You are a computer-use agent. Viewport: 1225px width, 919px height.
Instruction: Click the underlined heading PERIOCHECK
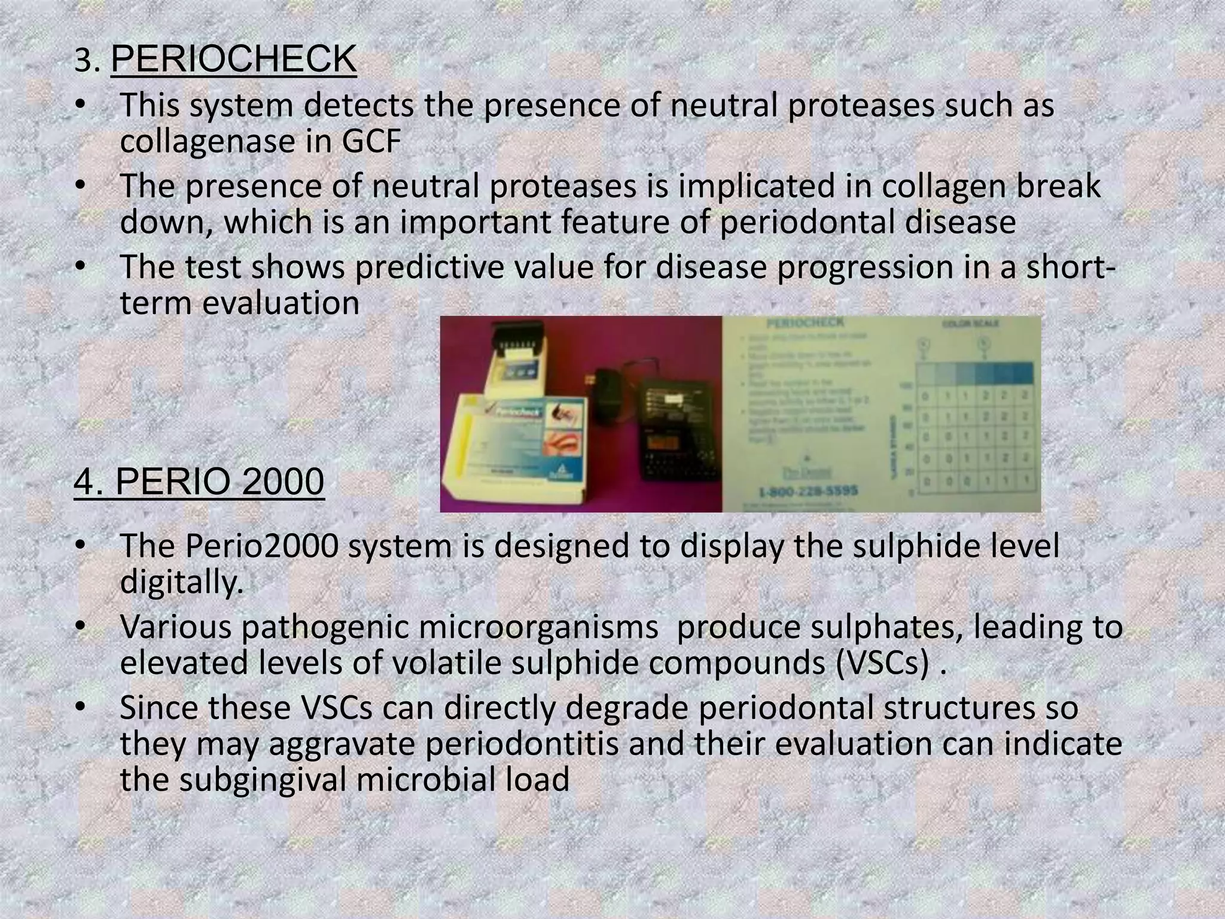tap(233, 59)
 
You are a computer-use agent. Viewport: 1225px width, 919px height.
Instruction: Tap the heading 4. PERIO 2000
tap(199, 482)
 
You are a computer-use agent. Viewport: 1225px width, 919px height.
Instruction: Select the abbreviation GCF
tap(371, 142)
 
